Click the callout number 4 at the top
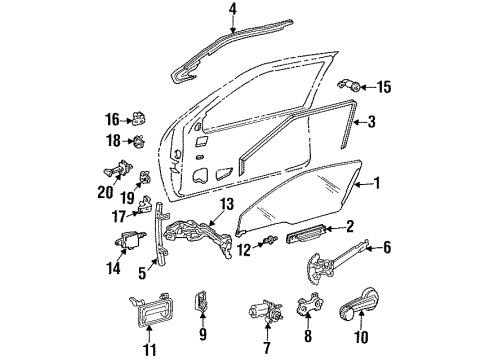[232, 12]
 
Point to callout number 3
[371, 122]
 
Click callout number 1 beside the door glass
[376, 184]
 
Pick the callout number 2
[350, 228]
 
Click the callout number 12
[244, 249]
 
